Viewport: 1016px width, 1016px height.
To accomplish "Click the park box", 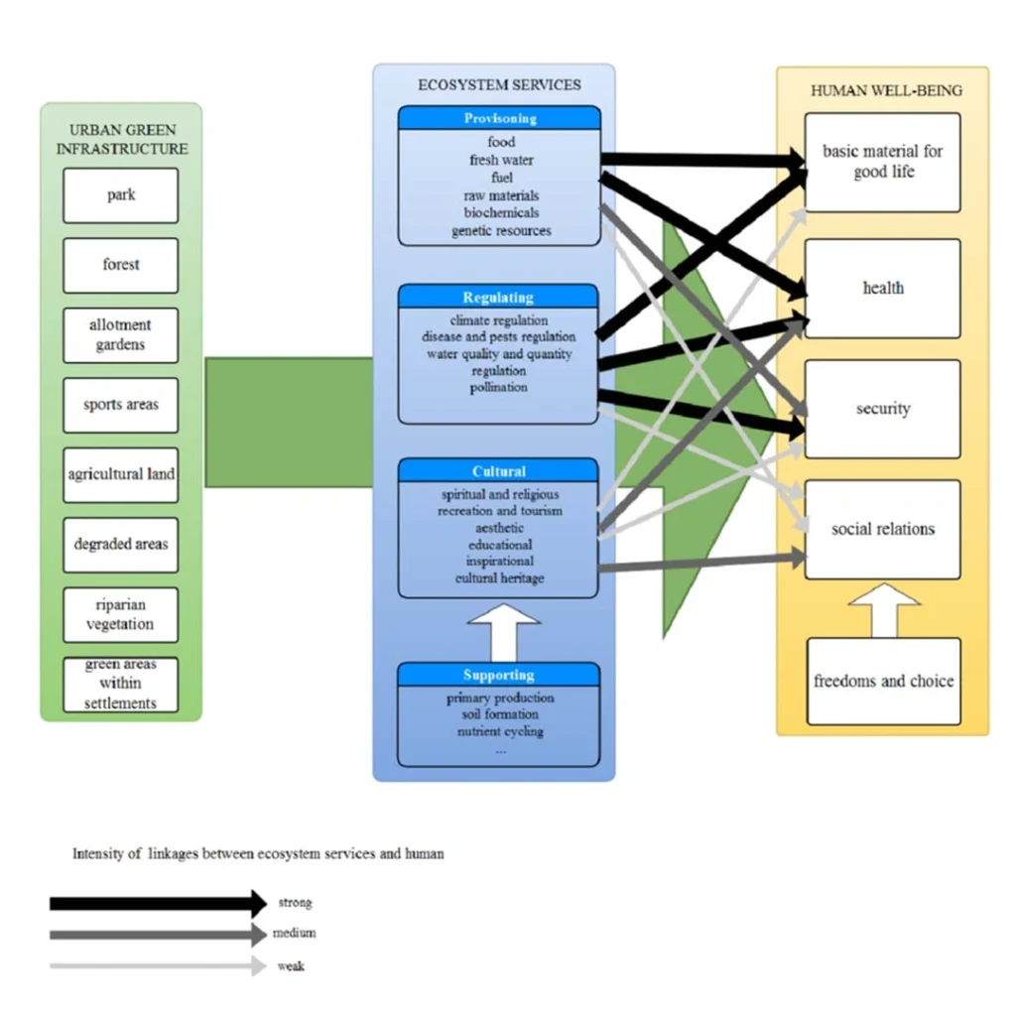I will click(x=121, y=195).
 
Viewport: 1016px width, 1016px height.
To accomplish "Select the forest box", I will click(x=121, y=265).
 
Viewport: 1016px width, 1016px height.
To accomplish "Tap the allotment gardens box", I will click(x=121, y=335).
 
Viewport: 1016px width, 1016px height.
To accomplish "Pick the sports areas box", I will click(x=121, y=405).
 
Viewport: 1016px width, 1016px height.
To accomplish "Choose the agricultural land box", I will click(x=121, y=474).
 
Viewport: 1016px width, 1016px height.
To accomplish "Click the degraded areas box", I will click(x=121, y=545).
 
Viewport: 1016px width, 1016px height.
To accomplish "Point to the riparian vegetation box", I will click(x=121, y=615).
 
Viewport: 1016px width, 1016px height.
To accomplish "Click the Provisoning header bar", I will click(x=499, y=119).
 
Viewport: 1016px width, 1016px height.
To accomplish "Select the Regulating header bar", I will click(x=498, y=297).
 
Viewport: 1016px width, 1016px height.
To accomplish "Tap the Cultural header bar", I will click(x=498, y=471).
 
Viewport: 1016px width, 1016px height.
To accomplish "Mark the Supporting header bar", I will click(x=498, y=676).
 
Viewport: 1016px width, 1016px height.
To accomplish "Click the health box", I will click(x=882, y=289).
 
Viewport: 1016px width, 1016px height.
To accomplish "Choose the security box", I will click(x=882, y=409).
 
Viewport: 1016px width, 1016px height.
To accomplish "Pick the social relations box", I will click(x=882, y=530).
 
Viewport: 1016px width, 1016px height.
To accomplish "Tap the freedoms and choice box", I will click(x=883, y=682).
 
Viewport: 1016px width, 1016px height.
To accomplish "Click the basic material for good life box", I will click(x=882, y=162).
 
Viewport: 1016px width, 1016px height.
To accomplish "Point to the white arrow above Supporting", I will click(x=503, y=630).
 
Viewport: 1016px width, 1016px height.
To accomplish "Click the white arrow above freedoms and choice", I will click(x=883, y=610).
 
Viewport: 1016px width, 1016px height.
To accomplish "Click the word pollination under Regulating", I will click(x=498, y=388).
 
